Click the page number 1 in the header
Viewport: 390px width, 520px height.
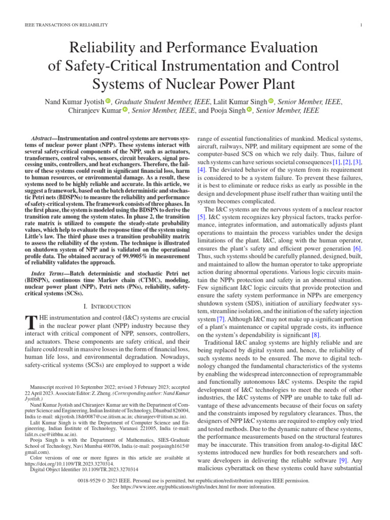tap(360, 25)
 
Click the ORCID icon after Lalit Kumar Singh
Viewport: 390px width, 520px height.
tap(271, 101)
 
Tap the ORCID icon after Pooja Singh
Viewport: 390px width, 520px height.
tap(249, 110)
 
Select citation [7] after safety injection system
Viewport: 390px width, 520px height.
tap(221, 319)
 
